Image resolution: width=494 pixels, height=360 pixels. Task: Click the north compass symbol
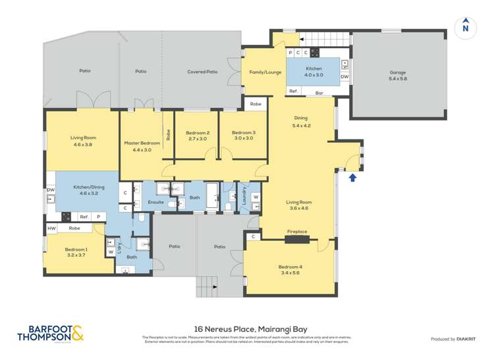click(465, 26)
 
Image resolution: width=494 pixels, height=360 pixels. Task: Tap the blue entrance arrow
click(352, 176)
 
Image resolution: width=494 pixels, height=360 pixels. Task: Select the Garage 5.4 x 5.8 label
click(398, 76)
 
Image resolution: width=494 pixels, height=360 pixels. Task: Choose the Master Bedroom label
click(142, 146)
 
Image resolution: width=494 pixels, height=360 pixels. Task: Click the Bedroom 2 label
click(196, 135)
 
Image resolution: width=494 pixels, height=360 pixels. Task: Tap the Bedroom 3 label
click(243, 135)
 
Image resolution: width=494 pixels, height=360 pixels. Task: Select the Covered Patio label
click(202, 72)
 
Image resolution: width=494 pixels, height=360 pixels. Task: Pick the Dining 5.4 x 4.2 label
click(300, 121)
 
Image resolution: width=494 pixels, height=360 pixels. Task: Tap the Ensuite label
click(155, 202)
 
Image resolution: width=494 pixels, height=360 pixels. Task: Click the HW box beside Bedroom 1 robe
click(51, 228)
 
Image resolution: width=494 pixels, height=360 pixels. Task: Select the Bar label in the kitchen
click(319, 93)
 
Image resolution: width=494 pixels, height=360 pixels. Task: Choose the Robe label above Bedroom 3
click(256, 104)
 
